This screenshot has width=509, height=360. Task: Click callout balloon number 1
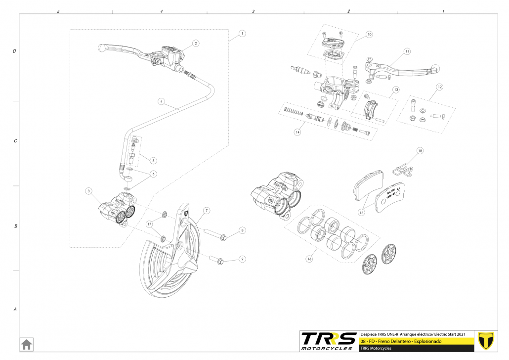tap(242, 34)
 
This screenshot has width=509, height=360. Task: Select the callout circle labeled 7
tap(206, 210)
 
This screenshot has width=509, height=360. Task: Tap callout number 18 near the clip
tap(420, 150)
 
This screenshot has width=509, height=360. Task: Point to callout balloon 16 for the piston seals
tap(310, 259)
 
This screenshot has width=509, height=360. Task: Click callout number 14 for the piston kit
tap(297, 132)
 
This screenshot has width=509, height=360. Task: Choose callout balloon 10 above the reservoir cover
tap(369, 35)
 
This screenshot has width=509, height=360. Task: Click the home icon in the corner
tap(26, 343)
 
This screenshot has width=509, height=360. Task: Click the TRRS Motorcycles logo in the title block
tap(329, 341)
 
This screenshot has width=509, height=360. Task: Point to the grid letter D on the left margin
tap(15, 51)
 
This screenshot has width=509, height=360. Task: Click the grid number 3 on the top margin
tap(253, 11)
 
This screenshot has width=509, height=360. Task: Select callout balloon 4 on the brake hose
tap(161, 101)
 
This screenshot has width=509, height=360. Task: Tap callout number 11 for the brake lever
tap(407, 51)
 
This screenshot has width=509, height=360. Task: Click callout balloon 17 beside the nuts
tap(149, 224)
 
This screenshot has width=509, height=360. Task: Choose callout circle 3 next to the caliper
tap(88, 191)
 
